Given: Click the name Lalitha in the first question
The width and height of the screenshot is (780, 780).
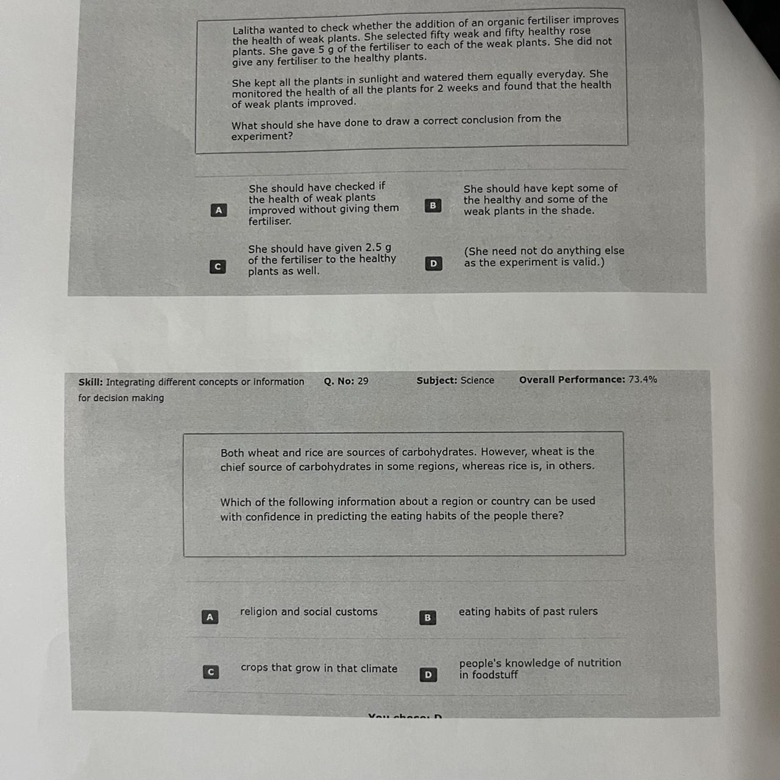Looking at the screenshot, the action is (x=248, y=30).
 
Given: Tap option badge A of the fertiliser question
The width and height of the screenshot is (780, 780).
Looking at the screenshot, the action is (x=219, y=210).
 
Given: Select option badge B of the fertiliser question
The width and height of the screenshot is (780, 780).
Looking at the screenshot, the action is (x=433, y=205).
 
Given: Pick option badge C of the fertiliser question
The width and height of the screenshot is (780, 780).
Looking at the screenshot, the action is (x=218, y=267).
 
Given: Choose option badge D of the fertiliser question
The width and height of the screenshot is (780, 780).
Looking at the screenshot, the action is (x=433, y=263).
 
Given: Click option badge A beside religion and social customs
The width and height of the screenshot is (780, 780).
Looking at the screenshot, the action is (x=210, y=617).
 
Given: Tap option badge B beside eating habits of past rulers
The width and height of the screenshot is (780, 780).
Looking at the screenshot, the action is (x=427, y=618).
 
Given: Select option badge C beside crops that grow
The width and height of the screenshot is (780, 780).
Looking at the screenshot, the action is (x=211, y=672).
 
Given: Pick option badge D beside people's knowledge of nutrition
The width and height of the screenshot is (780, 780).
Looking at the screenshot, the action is (x=428, y=675).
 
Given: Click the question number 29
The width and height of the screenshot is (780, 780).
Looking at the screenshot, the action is (x=363, y=381).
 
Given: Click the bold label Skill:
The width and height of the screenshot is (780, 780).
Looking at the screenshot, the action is (x=91, y=382).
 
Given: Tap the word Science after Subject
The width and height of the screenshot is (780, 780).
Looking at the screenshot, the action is (x=477, y=380).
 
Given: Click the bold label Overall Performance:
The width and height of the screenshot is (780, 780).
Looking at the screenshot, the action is (x=572, y=380).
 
